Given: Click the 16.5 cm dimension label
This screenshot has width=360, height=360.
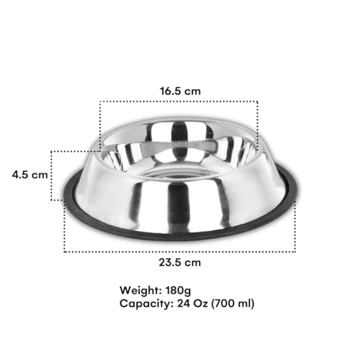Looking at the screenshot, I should pyautogui.click(x=179, y=91).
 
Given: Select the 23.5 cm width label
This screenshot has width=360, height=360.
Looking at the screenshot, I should pyautogui.click(x=179, y=262).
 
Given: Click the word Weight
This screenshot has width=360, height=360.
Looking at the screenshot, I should pyautogui.click(x=142, y=290).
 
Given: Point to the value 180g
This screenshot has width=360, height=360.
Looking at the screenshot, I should pyautogui.click(x=183, y=290).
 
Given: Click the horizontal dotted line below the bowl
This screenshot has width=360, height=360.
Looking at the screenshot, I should pyautogui.click(x=179, y=251).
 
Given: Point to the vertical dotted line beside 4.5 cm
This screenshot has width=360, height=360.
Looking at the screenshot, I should pyautogui.click(x=52, y=175).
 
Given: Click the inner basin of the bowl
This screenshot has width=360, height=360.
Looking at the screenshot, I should pyautogui.click(x=180, y=148).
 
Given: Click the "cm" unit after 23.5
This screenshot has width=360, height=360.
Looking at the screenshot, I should pyautogui.click(x=192, y=262).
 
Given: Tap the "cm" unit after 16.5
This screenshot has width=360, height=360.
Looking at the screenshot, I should pyautogui.click(x=192, y=91).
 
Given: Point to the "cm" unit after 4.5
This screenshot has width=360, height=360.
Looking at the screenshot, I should pyautogui.click(x=39, y=175).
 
